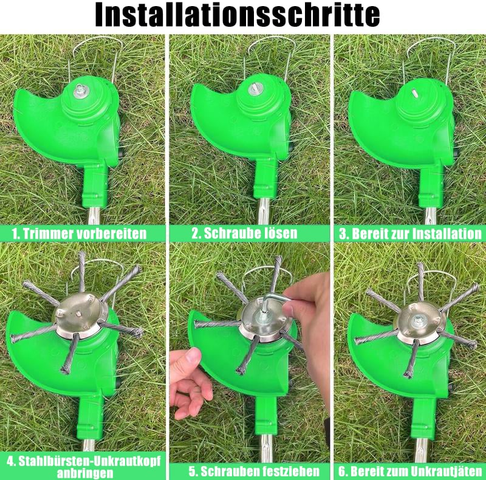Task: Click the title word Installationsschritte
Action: pos(238,15)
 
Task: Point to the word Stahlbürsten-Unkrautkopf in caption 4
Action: pos(89,461)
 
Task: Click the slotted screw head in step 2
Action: pos(256,89)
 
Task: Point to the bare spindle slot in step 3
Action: pos(414,92)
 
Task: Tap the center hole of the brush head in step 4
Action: pos(78,314)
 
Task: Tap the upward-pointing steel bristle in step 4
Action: pos(82,272)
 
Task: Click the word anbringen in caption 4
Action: pos(85,473)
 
